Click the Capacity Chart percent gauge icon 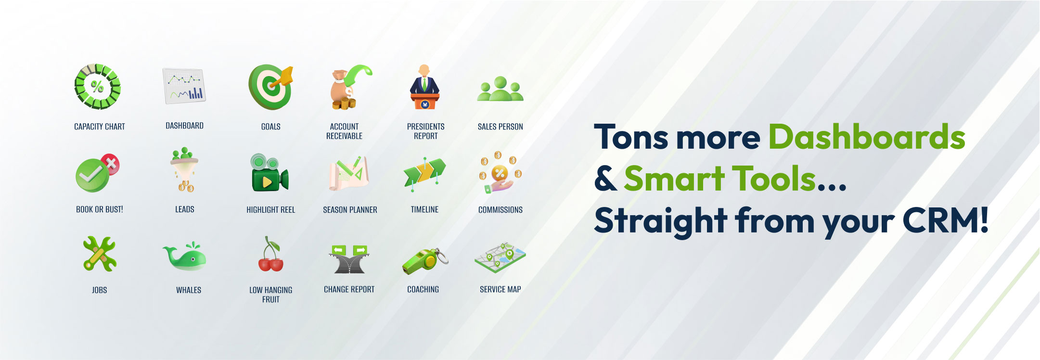97,87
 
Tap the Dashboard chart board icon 184,86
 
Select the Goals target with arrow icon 271,87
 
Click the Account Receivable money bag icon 350,87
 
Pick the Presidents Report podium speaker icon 424,87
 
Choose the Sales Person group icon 500,89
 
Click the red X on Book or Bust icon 111,164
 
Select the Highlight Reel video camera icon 269,173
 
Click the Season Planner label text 350,210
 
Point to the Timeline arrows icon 424,174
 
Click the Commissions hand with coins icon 500,173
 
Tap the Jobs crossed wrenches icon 100,254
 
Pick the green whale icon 185,256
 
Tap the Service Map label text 500,289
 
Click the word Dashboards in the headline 867,137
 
